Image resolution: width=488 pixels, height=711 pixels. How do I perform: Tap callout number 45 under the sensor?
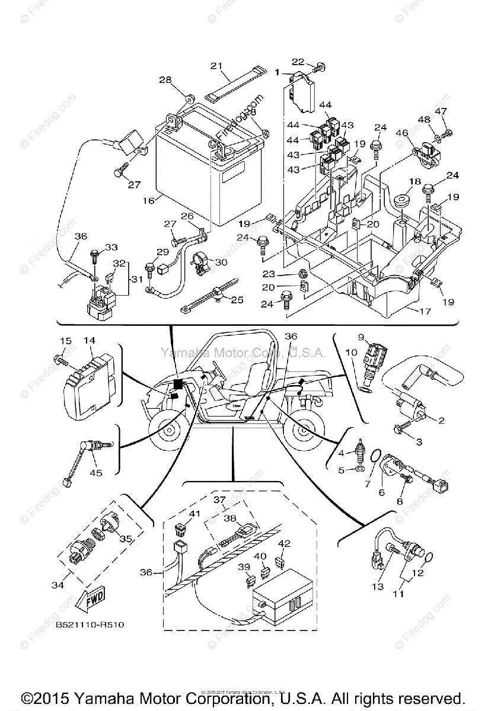95,472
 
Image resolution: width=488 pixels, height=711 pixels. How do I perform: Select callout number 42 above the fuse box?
284,544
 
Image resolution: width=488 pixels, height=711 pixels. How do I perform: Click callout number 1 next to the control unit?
277,72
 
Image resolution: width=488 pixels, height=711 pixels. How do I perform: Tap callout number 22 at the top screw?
297,61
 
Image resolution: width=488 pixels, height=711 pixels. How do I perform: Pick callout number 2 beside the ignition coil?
441,421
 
